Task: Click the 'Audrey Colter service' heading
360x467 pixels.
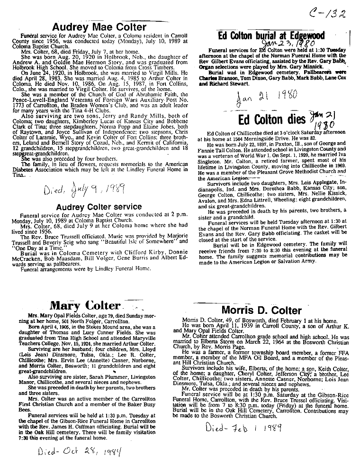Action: point(99,207)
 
